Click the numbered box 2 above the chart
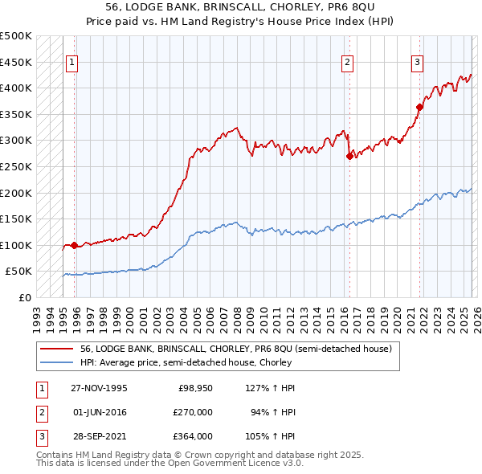(x=348, y=63)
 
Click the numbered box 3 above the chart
(x=418, y=63)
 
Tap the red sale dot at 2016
(x=349, y=157)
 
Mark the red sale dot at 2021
(x=420, y=107)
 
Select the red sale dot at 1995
(x=74, y=246)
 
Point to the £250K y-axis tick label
(x=16, y=166)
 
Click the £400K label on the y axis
(x=16, y=88)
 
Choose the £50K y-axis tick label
(x=19, y=272)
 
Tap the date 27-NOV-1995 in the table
(x=99, y=388)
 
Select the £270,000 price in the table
(x=194, y=412)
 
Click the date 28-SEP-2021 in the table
(x=99, y=436)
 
